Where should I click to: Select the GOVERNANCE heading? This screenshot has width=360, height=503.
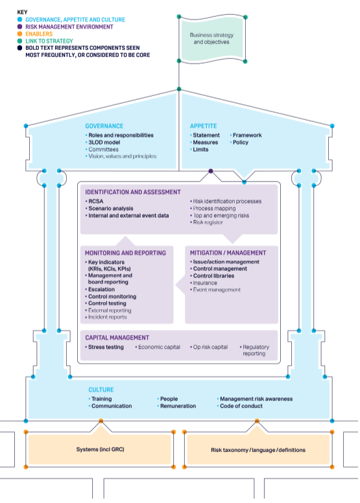click(x=104, y=126)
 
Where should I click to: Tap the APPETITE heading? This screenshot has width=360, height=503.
click(x=203, y=126)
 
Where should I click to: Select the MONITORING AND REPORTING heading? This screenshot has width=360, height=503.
click(x=125, y=253)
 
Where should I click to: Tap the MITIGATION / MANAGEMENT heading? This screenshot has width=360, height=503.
click(x=228, y=253)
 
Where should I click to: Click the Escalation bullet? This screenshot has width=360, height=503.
click(x=103, y=289)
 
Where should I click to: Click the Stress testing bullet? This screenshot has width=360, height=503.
click(x=106, y=347)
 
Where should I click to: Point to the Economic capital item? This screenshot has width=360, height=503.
click(x=160, y=347)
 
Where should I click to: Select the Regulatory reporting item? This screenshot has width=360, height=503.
click(x=255, y=350)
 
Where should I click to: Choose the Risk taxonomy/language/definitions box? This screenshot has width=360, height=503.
click(x=258, y=449)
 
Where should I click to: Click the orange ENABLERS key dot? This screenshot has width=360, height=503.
click(x=20, y=34)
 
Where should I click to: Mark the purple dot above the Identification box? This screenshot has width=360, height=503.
click(x=211, y=172)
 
